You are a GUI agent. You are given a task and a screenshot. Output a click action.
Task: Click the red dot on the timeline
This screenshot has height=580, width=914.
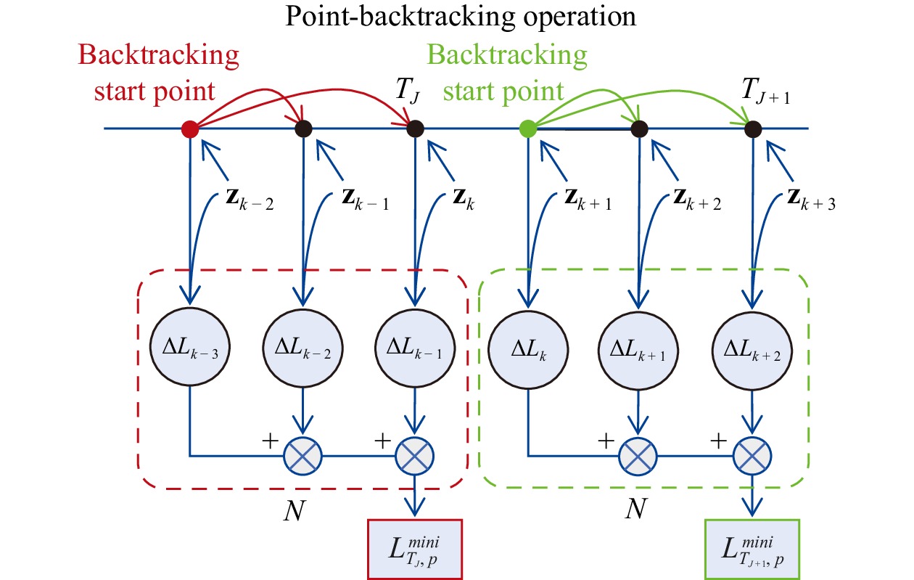[190, 129]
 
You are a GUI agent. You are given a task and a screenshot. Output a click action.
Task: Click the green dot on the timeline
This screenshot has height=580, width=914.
[528, 129]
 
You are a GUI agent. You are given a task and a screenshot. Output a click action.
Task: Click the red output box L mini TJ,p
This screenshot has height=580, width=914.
[415, 549]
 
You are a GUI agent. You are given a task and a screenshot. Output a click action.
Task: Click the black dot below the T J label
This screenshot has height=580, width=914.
[415, 129]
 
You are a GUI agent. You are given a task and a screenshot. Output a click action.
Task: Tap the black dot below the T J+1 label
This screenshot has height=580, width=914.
[754, 129]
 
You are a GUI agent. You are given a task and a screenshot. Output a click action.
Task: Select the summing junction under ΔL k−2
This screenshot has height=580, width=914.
[302, 457]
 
